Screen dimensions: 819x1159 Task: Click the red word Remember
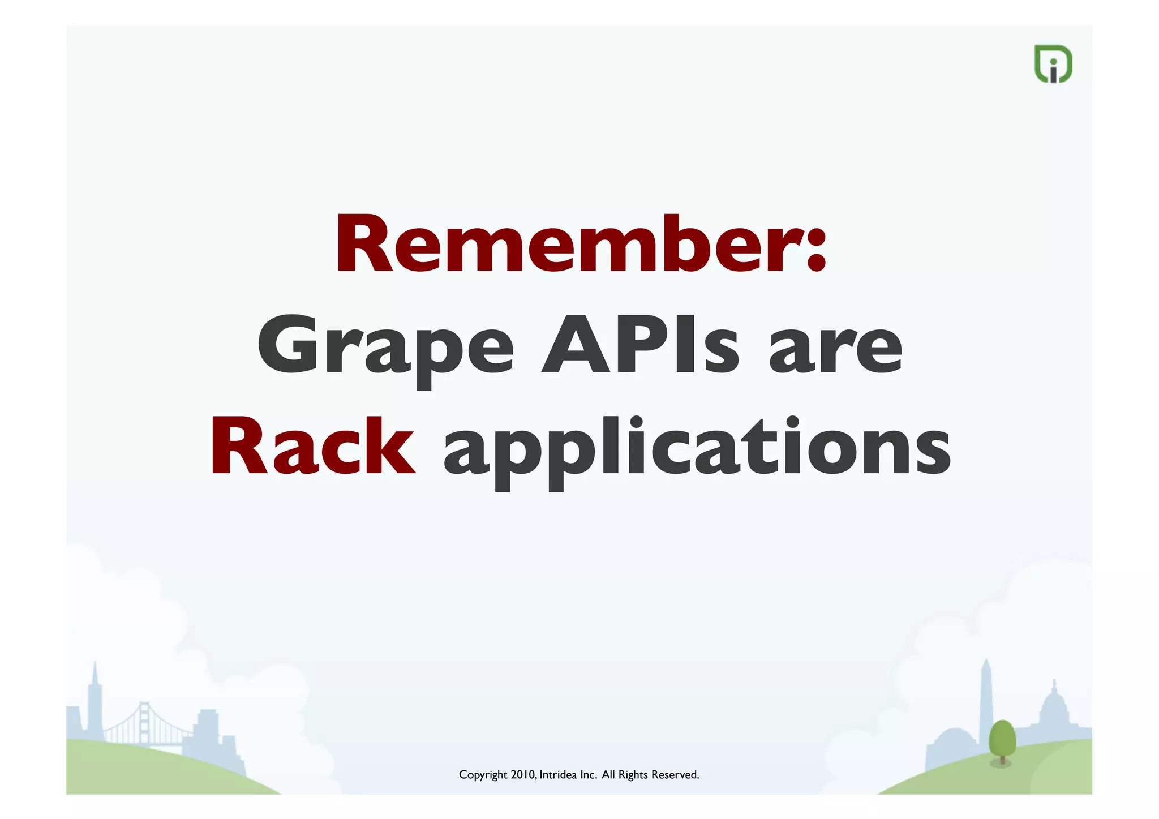[x=569, y=245]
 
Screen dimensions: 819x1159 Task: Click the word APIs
[x=640, y=345]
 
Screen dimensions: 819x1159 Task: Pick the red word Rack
[x=312, y=447]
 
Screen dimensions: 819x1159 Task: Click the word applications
[x=697, y=450]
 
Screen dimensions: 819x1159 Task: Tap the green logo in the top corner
[x=1053, y=64]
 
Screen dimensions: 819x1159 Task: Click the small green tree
[x=1002, y=740]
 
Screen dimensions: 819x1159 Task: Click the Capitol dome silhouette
[x=1054, y=707]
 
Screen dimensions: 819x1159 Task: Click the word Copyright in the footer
[x=483, y=775]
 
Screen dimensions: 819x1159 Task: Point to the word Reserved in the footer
[x=675, y=774]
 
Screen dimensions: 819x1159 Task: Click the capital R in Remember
[x=364, y=245]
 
